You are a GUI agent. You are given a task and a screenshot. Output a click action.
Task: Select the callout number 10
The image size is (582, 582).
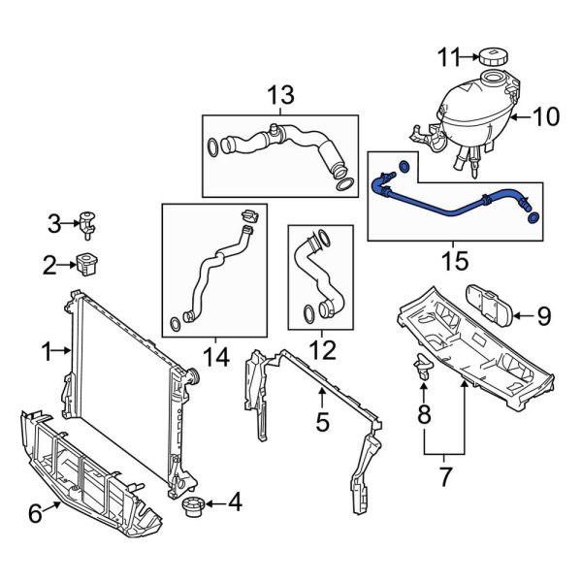[x=546, y=117]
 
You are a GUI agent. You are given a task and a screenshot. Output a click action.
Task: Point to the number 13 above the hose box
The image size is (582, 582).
[x=279, y=95]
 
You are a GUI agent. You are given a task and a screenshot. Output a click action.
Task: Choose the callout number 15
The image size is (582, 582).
[x=454, y=261]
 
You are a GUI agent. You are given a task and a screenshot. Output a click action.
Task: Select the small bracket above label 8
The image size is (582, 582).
[x=422, y=366]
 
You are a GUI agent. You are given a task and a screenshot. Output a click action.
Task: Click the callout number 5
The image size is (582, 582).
[x=323, y=422]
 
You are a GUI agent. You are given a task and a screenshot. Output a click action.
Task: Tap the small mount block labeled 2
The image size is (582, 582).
[x=90, y=262]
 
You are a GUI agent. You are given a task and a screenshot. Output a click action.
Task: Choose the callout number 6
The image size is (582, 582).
[x=36, y=514]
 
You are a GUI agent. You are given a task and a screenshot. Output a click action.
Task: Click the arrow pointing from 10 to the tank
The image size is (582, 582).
[x=520, y=117]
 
